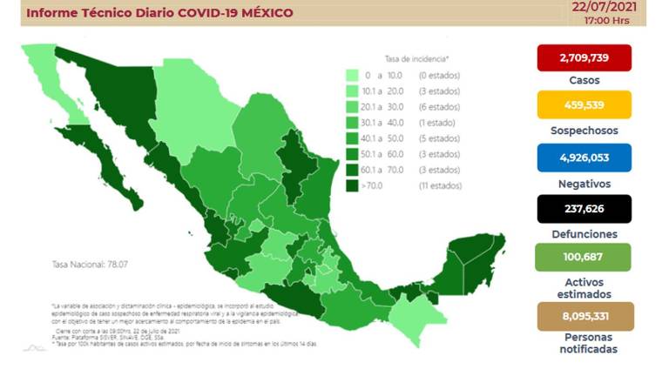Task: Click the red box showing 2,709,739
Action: (584, 57)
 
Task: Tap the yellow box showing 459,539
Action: (584, 106)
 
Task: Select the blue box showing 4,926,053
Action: (584, 157)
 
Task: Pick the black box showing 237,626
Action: (584, 208)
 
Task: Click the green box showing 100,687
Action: (584, 258)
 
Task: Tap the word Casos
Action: (584, 80)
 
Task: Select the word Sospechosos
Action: (584, 131)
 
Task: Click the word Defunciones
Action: (584, 234)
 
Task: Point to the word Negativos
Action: (584, 184)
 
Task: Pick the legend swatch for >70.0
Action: (352, 185)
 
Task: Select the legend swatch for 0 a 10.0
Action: (352, 76)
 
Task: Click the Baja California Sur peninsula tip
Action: (134, 200)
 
